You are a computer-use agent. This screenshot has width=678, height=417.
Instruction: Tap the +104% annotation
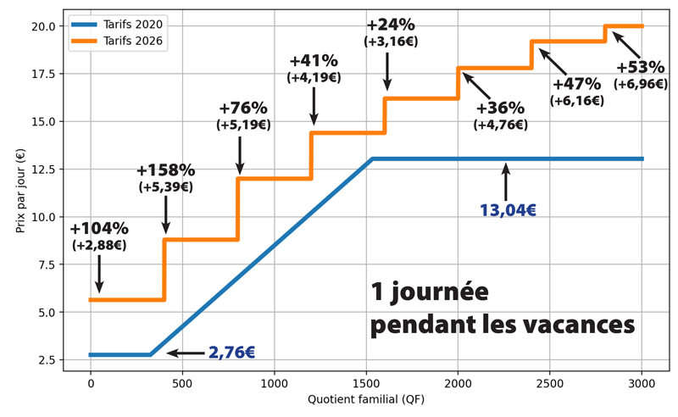point(99,229)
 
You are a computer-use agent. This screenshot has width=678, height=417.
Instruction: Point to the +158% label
point(165,170)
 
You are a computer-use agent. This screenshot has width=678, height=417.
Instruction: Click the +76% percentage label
point(242,108)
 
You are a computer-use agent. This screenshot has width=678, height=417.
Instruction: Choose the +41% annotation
point(314,61)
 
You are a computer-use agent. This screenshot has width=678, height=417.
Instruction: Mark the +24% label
point(391,23)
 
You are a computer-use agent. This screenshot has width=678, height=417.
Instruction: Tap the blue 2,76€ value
point(232,353)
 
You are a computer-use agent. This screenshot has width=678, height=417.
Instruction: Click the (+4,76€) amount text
point(500,125)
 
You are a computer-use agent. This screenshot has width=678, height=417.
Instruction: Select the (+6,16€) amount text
point(576,100)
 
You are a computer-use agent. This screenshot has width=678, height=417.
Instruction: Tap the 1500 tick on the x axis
point(458,381)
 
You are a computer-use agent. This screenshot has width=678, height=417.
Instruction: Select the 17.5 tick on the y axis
point(44,73)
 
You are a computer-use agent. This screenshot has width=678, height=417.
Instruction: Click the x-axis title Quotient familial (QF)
point(366,398)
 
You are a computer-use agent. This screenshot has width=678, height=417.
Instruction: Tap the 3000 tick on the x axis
point(642,381)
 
